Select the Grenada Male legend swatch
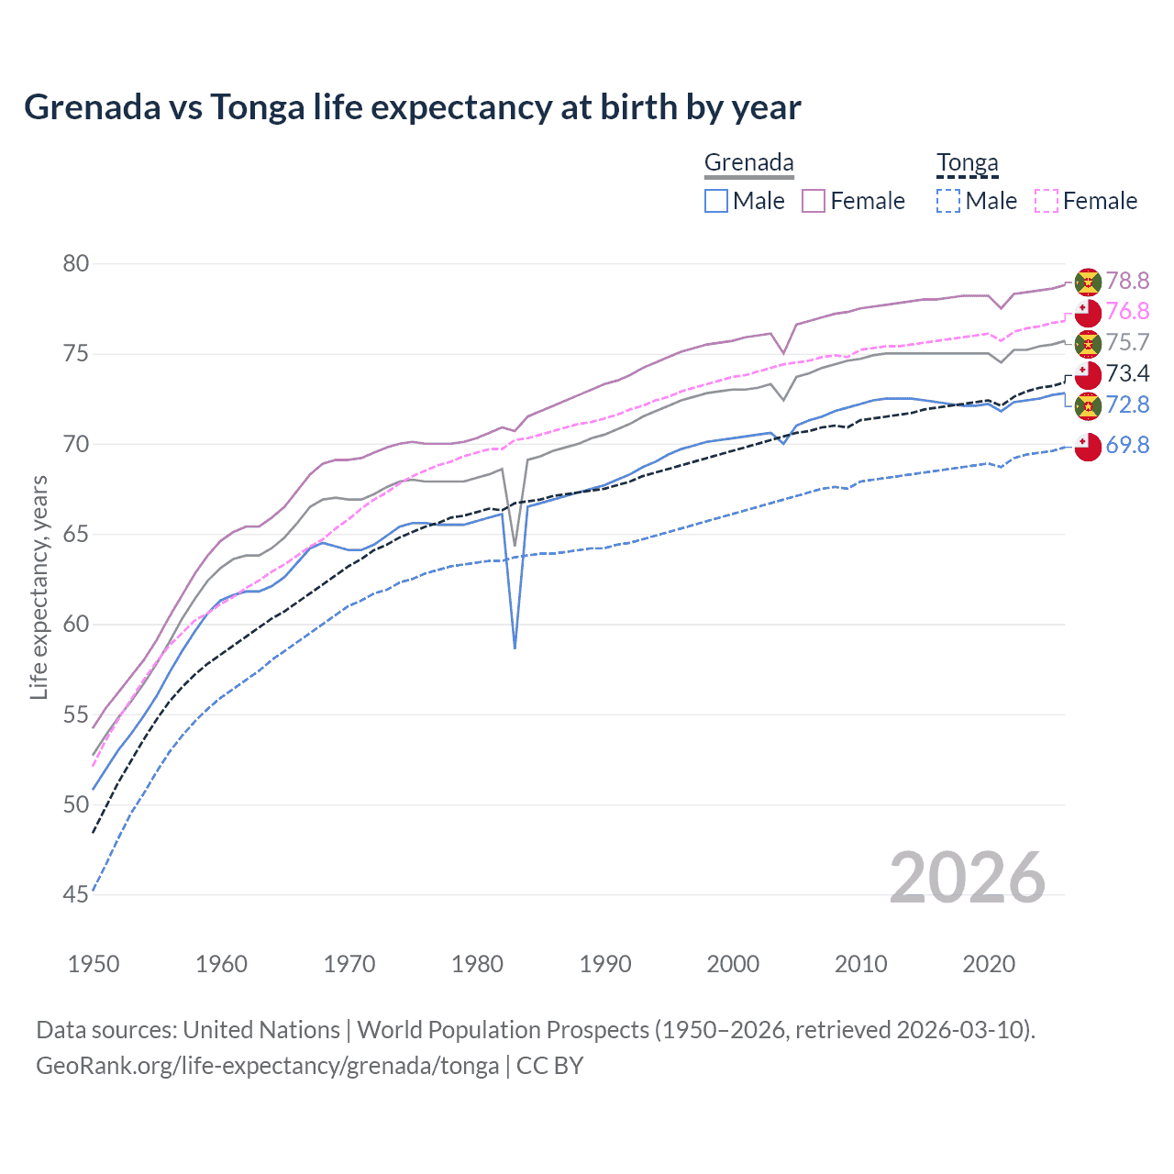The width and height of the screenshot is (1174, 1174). point(716,201)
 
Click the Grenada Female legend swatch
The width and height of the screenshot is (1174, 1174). point(814,201)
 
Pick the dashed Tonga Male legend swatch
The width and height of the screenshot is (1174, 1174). point(948,201)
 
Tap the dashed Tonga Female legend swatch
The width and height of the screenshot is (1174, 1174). point(1047,201)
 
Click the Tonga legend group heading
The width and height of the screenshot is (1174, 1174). point(967,163)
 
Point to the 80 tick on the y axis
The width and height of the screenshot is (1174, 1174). point(76,264)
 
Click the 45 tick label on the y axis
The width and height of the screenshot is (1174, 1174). point(76,894)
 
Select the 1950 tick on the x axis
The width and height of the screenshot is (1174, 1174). point(94,964)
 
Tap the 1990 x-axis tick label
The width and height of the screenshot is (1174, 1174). point(605,964)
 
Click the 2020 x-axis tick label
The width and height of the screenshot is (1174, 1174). point(989,964)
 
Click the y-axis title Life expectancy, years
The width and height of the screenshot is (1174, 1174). point(39,587)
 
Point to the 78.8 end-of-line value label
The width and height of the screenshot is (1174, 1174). point(1127,281)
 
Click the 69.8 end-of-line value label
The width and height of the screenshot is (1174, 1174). point(1127,446)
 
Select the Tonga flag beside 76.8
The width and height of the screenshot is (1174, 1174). point(1088,312)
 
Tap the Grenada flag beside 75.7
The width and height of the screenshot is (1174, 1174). point(1088,343)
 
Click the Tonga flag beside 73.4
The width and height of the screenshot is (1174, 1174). point(1088,374)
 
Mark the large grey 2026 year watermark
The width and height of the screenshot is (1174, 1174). point(968,878)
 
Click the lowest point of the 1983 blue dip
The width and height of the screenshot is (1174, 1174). point(515,648)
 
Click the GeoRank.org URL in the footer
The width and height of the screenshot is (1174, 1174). point(267,1066)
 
